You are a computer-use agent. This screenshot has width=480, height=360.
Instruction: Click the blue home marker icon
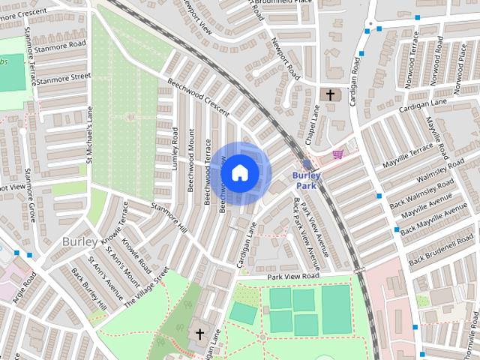[239, 173]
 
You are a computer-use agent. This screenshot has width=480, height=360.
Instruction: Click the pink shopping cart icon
[338, 154]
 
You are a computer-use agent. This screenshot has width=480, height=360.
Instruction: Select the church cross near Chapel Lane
[329, 95]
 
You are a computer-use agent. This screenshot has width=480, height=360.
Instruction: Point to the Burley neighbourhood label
[79, 241]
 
